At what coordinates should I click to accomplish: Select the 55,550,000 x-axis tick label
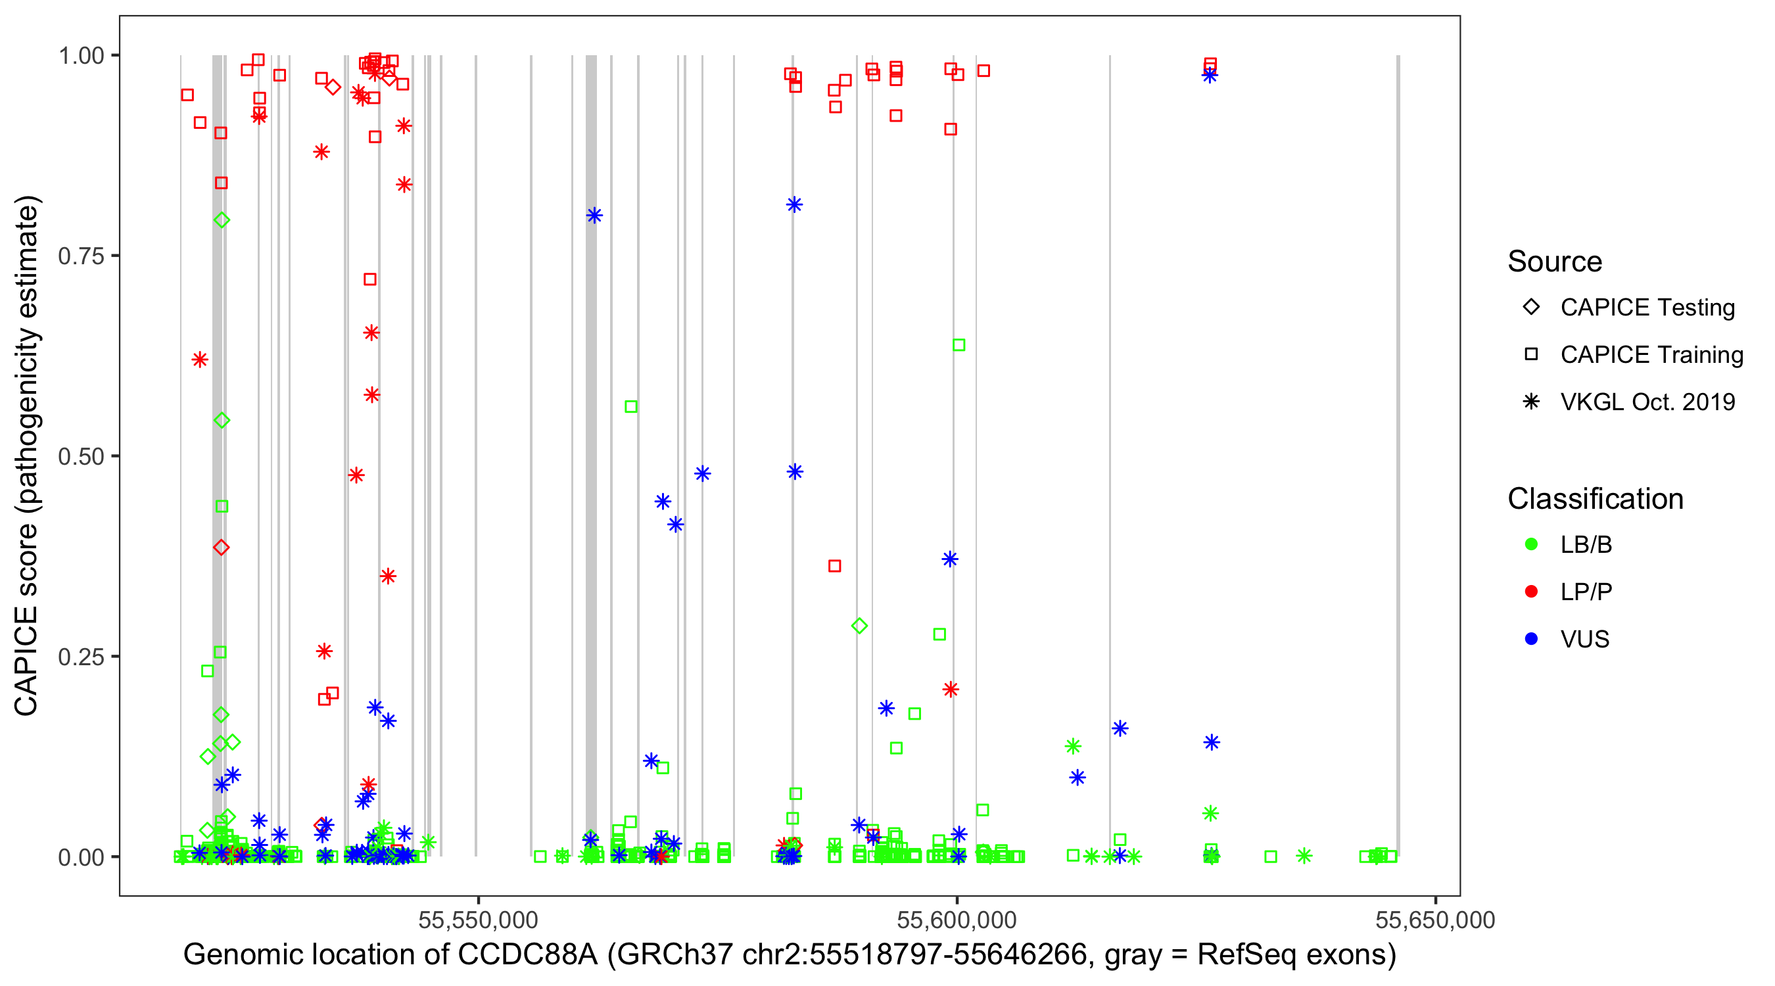click(477, 920)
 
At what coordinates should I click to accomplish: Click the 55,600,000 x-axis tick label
click(957, 920)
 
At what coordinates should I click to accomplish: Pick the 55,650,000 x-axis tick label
click(1435, 920)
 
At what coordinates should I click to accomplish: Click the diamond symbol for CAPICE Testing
click(1531, 306)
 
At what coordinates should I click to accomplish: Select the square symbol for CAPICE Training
click(1531, 354)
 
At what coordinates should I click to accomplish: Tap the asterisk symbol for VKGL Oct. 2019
click(1531, 402)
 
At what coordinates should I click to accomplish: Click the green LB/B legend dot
click(1531, 544)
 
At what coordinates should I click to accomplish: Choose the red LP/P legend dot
click(1531, 592)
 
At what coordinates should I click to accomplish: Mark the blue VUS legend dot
click(1531, 639)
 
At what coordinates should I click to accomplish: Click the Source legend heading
click(1555, 262)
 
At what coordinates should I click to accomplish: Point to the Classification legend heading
click(1595, 499)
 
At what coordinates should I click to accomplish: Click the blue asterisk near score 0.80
click(594, 216)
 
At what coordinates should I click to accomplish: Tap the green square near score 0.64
click(958, 344)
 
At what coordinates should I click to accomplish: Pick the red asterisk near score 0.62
click(200, 360)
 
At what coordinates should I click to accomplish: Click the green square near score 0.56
click(630, 406)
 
